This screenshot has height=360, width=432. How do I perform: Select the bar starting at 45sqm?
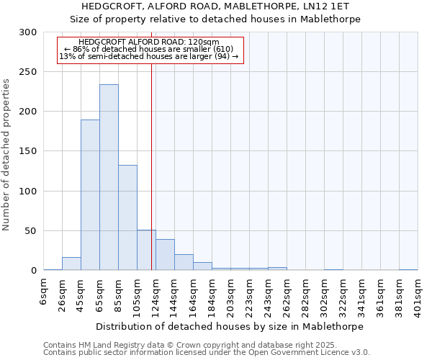tap(90, 194)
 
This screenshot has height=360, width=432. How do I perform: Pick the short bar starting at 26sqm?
tap(71, 264)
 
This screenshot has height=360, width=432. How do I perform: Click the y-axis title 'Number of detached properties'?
tap(6, 156)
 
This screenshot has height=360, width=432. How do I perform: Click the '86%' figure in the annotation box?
tap(81, 49)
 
